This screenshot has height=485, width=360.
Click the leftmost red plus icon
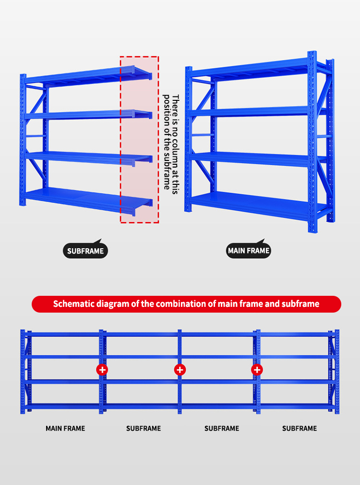(x=102, y=369)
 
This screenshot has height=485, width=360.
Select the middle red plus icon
(x=180, y=369)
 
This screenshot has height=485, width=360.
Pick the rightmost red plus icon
(x=257, y=369)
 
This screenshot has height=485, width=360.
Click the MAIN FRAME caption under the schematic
(x=65, y=428)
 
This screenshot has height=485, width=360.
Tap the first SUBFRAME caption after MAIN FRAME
(x=144, y=428)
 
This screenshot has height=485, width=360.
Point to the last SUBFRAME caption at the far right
(x=300, y=428)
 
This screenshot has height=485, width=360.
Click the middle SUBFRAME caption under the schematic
(x=222, y=428)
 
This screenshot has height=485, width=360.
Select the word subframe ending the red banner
(x=300, y=304)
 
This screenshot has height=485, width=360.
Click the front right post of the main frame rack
(x=312, y=142)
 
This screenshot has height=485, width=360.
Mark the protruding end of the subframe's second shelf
(x=143, y=114)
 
